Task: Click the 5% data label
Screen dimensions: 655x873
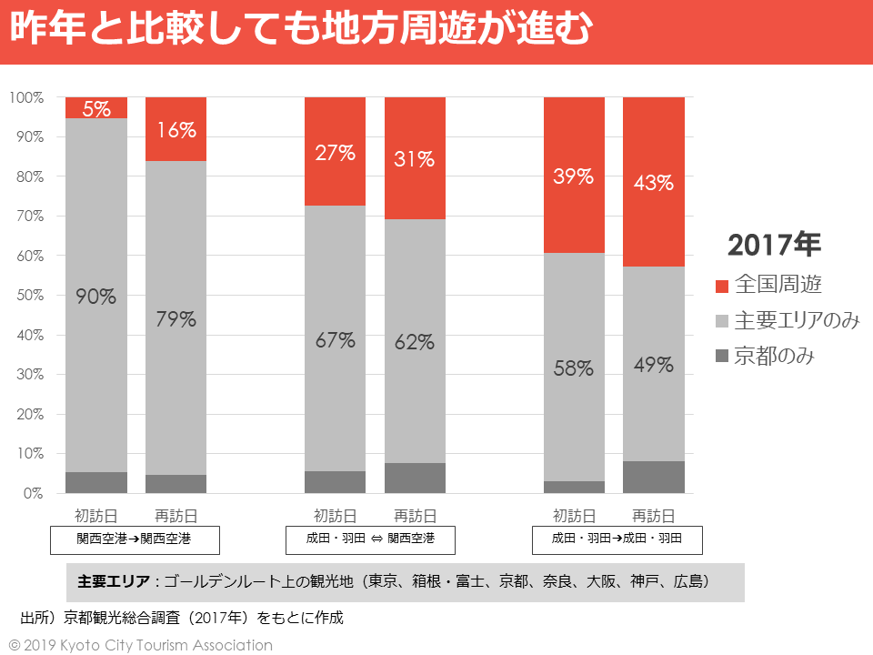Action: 96,108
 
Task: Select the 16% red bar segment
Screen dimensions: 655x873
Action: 176,130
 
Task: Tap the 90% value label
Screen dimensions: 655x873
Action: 96,297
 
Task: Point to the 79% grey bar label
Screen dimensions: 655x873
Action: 176,319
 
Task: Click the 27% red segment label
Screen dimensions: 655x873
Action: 335,153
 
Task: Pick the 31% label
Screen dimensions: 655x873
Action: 415,159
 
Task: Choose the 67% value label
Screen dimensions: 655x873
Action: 335,341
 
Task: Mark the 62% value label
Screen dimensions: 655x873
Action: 415,343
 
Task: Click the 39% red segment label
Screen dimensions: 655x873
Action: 574,176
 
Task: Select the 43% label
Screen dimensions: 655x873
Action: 654,183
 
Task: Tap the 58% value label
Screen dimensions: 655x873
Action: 574,369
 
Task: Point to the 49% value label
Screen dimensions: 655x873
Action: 654,366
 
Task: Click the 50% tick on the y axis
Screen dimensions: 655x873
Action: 26,296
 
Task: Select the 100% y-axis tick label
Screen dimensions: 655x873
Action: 26,97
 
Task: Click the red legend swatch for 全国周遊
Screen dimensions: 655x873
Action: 722,286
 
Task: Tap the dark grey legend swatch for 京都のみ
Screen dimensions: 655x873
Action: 722,356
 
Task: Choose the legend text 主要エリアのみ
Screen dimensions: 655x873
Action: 797,320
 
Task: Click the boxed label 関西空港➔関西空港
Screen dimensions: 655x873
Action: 134,539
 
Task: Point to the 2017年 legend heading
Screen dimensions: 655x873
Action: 775,245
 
